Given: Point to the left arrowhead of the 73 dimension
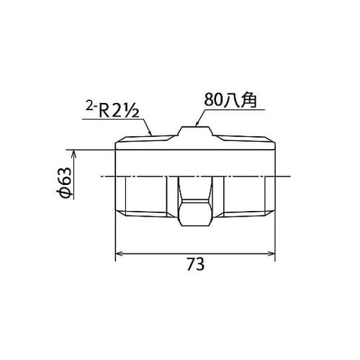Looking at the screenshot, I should click(120, 253).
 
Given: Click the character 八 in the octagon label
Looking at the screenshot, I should click(233, 102).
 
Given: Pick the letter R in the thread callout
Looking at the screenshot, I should click(107, 111).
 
